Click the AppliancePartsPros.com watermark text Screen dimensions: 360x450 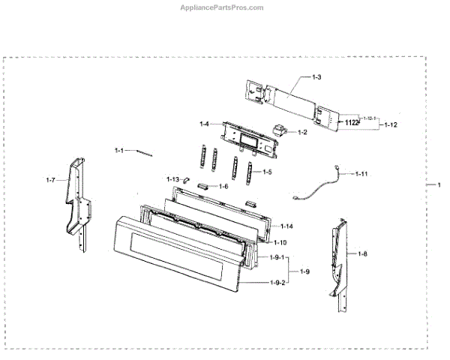pos(223,7)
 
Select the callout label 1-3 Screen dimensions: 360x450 pos(316,77)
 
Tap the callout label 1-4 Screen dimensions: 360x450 pos(204,124)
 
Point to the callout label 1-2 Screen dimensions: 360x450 pos(302,133)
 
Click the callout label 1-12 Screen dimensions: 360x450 pos(390,124)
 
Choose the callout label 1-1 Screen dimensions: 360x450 pos(118,150)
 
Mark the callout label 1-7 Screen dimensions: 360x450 pos(51,180)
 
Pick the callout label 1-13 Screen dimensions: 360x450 pos(172,179)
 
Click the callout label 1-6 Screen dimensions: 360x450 pos(223,186)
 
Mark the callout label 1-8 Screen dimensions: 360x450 pos(362,254)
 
